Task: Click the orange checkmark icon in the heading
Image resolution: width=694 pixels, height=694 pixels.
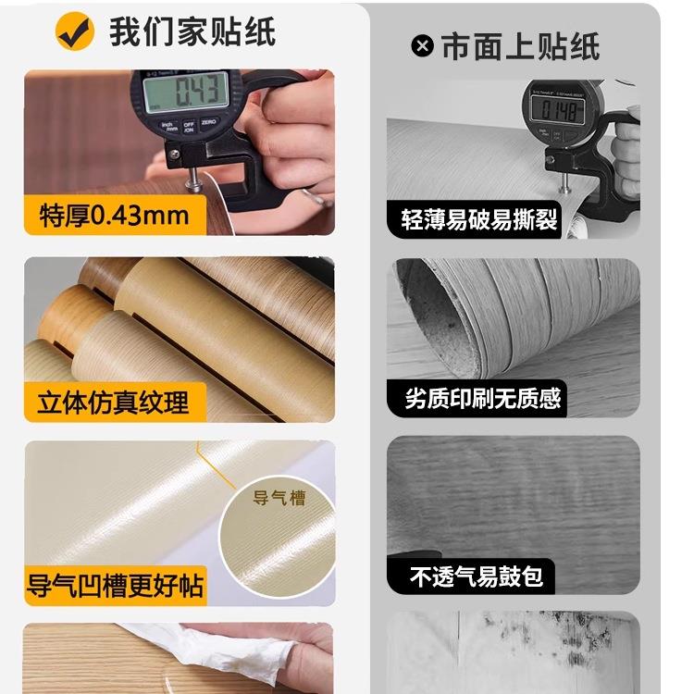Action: tap(75, 31)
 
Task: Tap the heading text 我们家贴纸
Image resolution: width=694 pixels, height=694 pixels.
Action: tap(192, 31)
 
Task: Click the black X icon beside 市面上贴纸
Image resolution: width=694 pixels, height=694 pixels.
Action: tap(423, 45)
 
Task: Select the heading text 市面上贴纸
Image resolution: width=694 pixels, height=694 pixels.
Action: tap(520, 46)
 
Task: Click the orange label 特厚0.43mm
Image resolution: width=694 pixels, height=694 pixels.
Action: tap(115, 216)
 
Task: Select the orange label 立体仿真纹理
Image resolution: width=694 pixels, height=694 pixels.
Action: tap(113, 403)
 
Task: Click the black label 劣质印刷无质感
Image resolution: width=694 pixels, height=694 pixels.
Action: tap(483, 399)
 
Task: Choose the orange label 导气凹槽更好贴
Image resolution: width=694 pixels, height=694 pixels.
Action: tap(116, 586)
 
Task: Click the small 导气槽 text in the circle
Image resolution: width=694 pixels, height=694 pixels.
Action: tap(279, 498)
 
